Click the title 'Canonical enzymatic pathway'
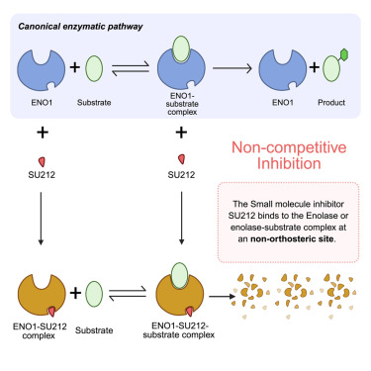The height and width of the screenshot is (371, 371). click(80, 26)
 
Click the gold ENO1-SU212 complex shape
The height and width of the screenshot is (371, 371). click(38, 294)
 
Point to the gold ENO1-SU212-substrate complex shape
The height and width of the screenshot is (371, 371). click(178, 296)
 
